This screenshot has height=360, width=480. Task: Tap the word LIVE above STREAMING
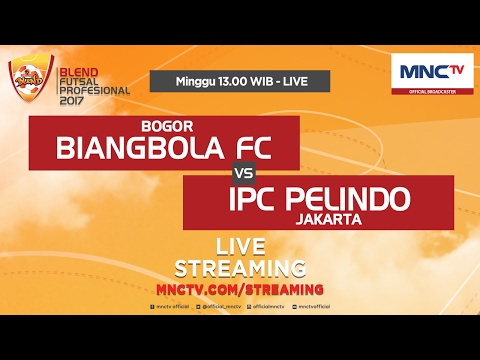(x=240, y=246)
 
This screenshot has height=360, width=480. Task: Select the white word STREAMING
(x=240, y=267)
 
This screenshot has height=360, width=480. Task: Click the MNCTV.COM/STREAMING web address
(x=240, y=288)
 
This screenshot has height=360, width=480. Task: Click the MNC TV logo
(x=431, y=71)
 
